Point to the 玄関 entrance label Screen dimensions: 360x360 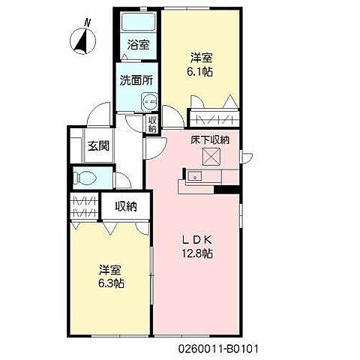pos(97,145)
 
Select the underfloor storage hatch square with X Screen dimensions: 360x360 pos(211,155)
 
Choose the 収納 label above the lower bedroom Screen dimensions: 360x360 pos(125,206)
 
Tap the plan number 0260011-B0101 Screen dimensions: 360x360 pos(218,349)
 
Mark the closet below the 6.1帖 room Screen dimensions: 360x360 pos(214,118)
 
